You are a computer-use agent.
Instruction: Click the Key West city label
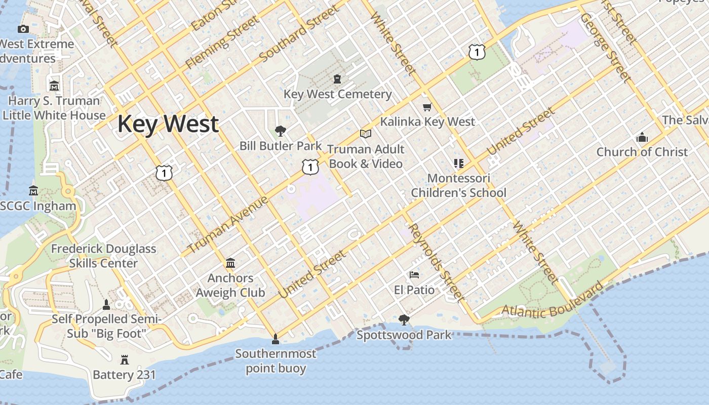coord(168,124)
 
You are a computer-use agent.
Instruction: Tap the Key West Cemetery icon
coord(337,79)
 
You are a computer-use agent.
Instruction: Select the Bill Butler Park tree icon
coord(280,132)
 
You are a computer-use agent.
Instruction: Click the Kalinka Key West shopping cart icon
coord(427,107)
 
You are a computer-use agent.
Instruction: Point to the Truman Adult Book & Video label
coord(366,156)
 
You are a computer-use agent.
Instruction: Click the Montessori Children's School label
coord(458,185)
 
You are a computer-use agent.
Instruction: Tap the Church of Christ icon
coord(642,137)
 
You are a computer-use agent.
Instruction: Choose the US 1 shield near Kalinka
coord(477,52)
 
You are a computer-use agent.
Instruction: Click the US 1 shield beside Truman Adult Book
coord(310,167)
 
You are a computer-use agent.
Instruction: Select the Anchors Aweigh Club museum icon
coord(230,263)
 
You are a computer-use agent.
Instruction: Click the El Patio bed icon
coord(414,275)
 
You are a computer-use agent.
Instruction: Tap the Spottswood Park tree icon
coord(404,319)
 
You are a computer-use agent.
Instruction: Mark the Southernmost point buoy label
coord(275,360)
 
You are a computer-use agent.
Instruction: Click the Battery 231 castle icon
coord(124,360)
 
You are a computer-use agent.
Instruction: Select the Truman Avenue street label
coord(228,225)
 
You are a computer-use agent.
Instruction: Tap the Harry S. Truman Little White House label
coord(54,108)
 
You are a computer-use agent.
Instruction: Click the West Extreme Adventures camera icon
coord(23,29)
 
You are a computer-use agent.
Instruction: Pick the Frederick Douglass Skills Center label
coord(103,256)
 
